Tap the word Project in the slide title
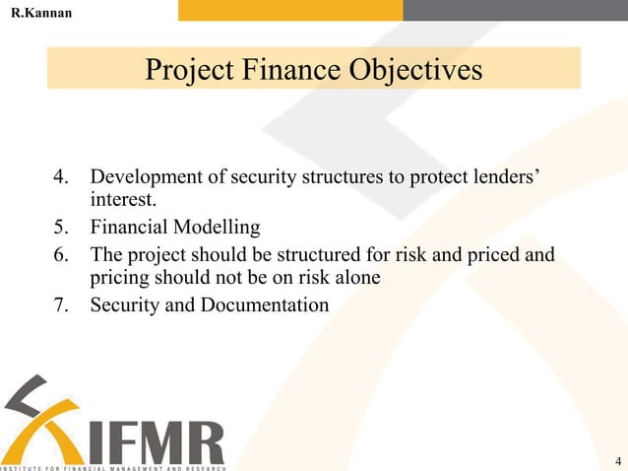pyautogui.click(x=184, y=71)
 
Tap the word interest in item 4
pyautogui.click(x=121, y=201)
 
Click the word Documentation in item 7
pyautogui.click(x=265, y=304)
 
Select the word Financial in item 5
pyautogui.click(x=128, y=228)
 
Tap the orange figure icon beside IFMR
pyautogui.click(x=39, y=419)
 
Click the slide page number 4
pyautogui.click(x=616, y=461)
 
